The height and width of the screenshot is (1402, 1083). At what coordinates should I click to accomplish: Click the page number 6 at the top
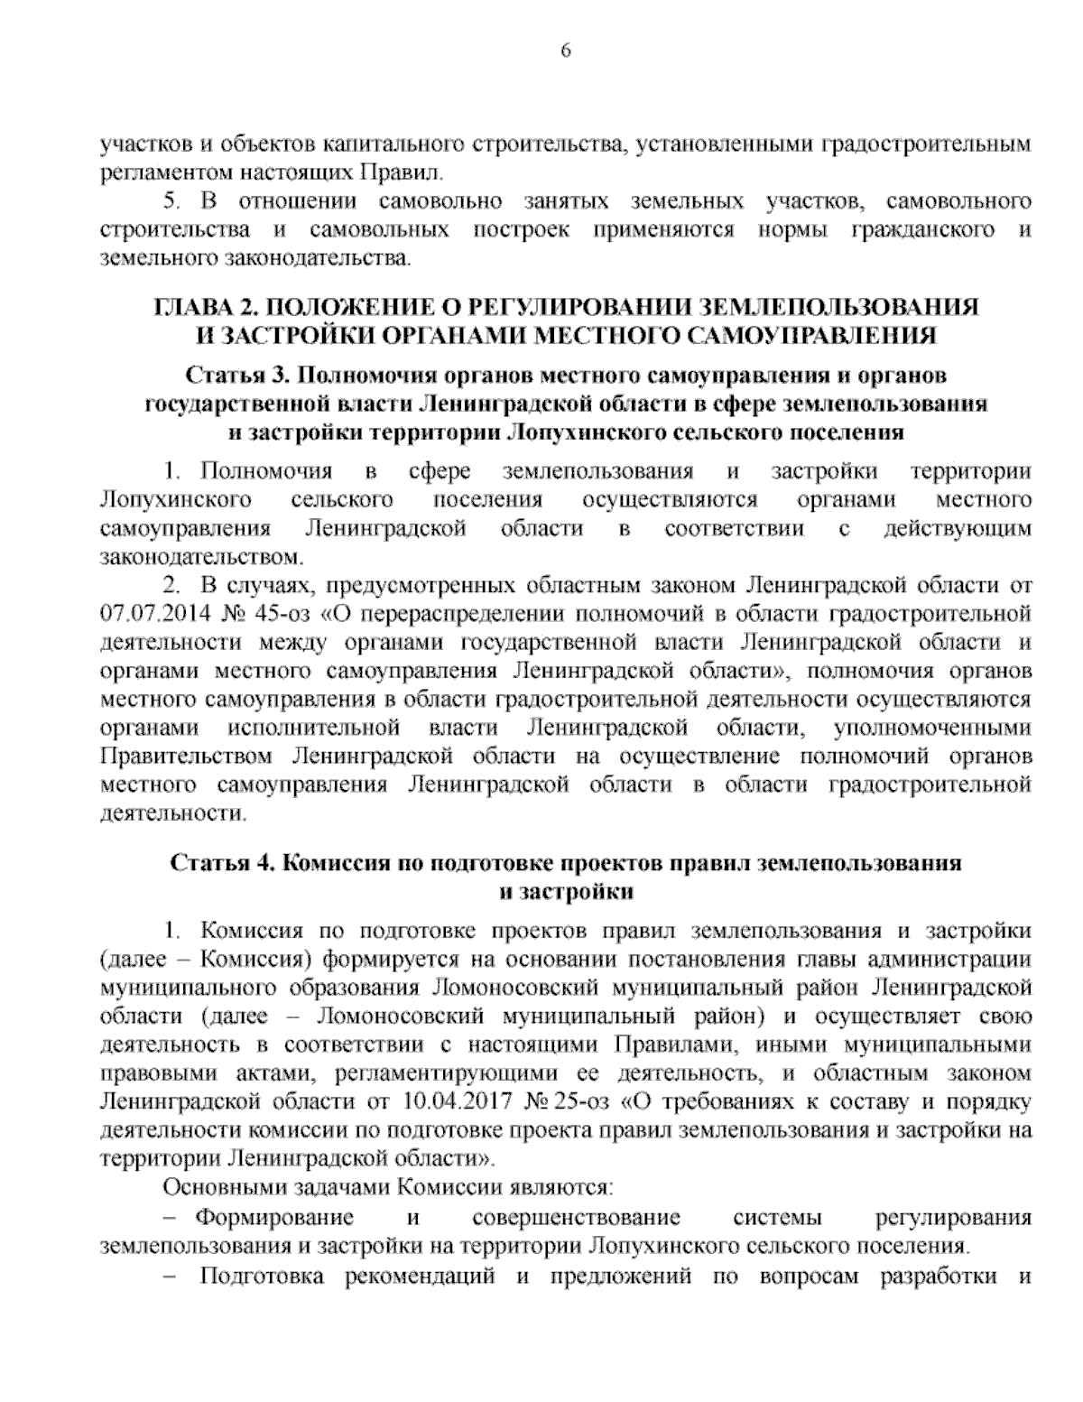click(566, 51)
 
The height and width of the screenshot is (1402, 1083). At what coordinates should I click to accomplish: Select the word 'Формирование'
click(276, 1218)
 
